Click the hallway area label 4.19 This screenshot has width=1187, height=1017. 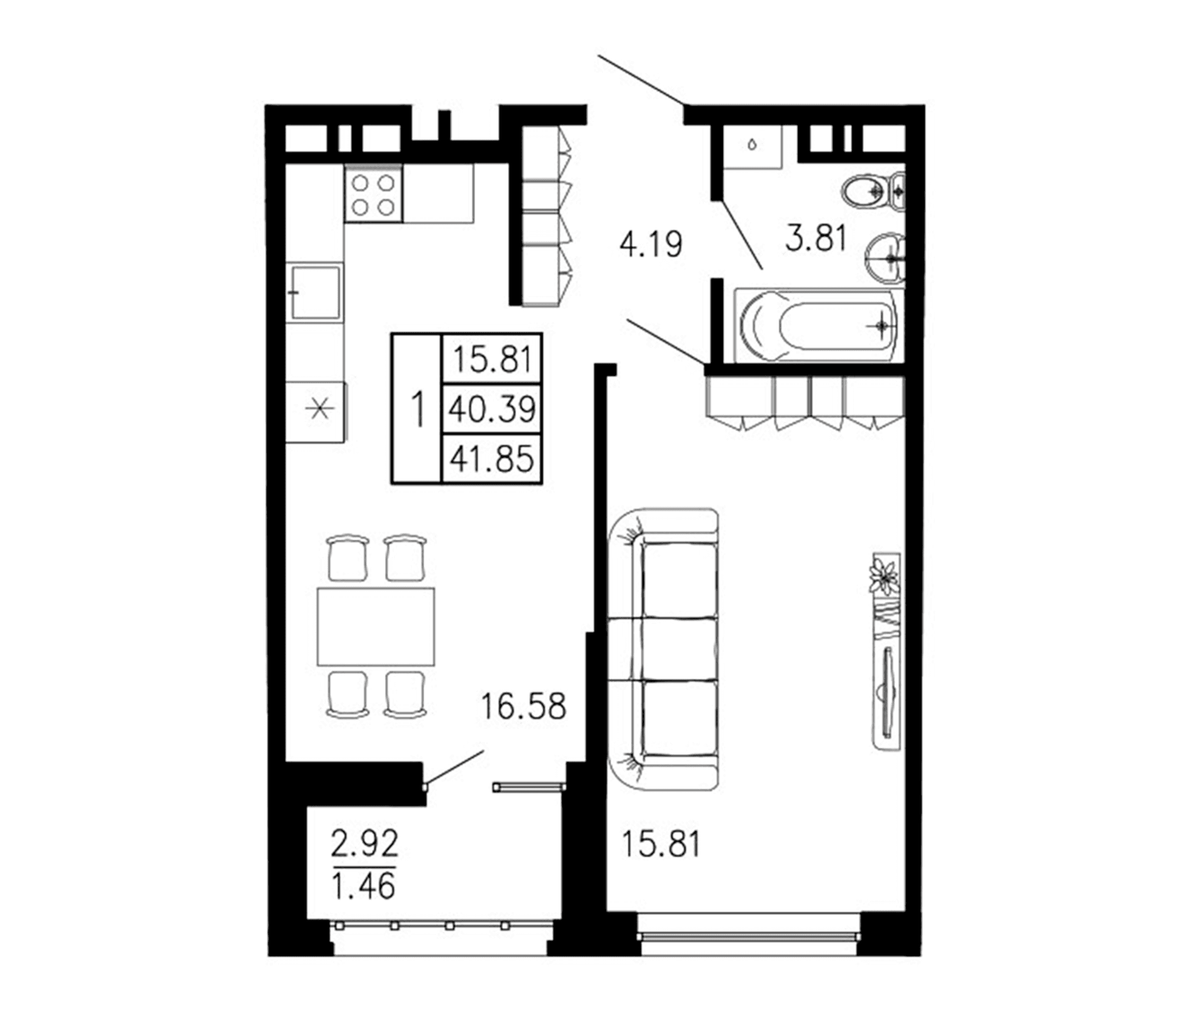[651, 245]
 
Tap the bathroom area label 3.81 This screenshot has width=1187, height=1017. [816, 239]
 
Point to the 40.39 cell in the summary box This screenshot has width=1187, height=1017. [492, 409]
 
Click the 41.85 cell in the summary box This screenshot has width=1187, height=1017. [492, 459]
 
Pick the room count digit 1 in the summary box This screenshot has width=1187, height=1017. [418, 409]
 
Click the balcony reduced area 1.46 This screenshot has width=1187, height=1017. [364, 887]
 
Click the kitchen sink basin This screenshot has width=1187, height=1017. [315, 293]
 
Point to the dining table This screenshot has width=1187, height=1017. [376, 627]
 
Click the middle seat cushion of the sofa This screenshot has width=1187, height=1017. [679, 648]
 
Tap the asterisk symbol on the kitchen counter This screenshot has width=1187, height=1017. [319, 410]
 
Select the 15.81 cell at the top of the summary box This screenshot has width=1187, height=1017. [492, 359]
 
